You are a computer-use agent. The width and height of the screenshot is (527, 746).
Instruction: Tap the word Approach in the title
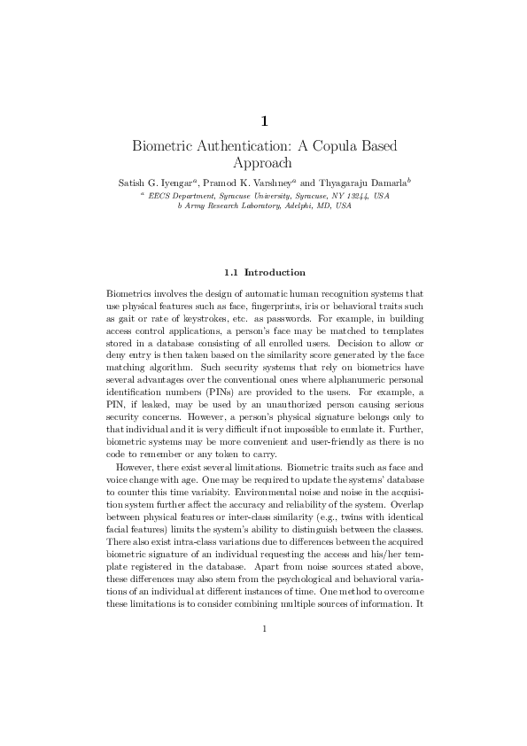point(263,163)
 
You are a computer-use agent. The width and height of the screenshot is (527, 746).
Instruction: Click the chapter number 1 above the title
point(264,120)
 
